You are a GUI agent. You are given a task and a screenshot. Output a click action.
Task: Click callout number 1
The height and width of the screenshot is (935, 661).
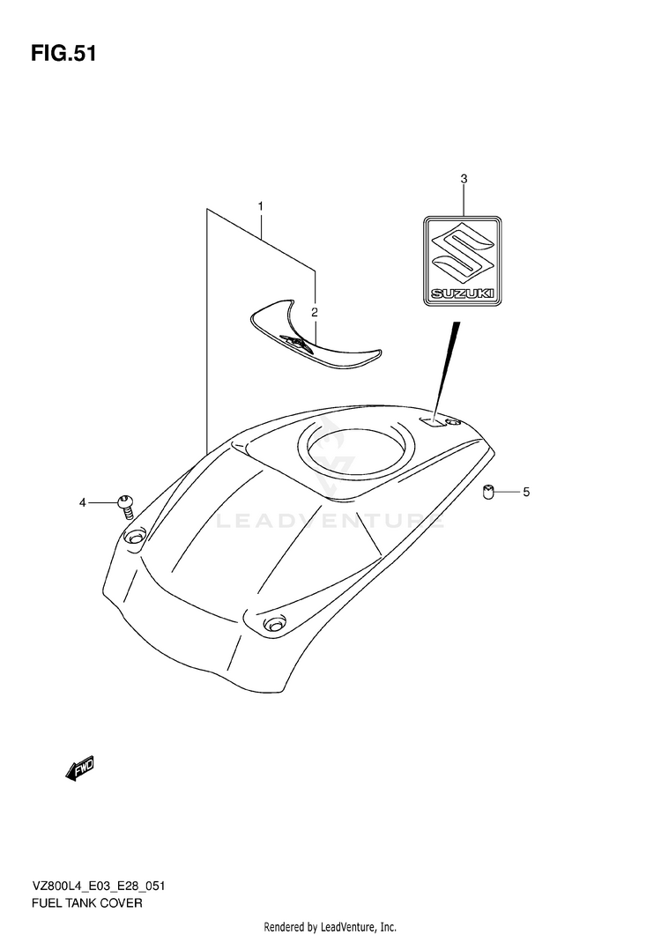pos(261,206)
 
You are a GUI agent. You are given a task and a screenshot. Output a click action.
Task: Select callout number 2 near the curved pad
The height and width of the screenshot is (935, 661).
pos(314,313)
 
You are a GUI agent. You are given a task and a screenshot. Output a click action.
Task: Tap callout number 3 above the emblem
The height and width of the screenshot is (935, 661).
pos(464,180)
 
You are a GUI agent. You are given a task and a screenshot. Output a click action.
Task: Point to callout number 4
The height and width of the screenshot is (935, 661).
pos(83,503)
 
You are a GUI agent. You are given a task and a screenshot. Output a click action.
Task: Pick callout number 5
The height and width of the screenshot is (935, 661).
pos(526,492)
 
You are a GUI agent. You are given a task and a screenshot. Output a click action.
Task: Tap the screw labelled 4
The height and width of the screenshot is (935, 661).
pos(124,504)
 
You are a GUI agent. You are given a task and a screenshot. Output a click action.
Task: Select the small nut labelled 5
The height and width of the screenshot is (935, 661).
pos(488,492)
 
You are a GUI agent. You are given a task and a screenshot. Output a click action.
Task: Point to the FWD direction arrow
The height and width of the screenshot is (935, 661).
pos(79,768)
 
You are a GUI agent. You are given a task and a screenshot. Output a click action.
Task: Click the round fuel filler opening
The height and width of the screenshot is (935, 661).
pos(353,449)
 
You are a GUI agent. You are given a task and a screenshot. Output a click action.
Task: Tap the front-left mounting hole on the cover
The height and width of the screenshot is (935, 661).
pos(134,537)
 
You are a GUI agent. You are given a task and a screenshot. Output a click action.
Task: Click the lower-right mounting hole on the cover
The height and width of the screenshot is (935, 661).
pos(272,624)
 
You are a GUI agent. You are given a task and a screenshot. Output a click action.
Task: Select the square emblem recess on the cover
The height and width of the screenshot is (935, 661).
pos(432,422)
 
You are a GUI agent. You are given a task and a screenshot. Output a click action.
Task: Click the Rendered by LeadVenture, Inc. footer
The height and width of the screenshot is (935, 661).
pos(330,926)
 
